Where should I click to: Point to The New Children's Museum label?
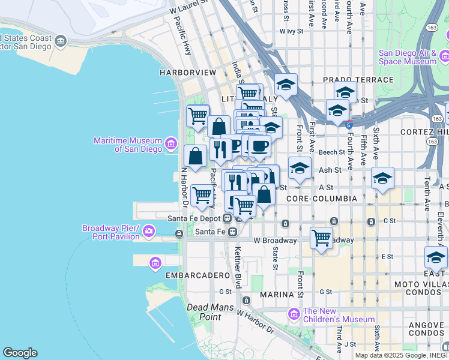339,315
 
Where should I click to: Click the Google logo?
20,353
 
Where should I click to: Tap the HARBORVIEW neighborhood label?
187,73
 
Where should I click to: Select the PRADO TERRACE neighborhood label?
358,80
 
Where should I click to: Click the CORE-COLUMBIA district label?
322,198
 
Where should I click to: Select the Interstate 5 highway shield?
349,125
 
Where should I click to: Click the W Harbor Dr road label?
255,322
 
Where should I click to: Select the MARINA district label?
276,295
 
